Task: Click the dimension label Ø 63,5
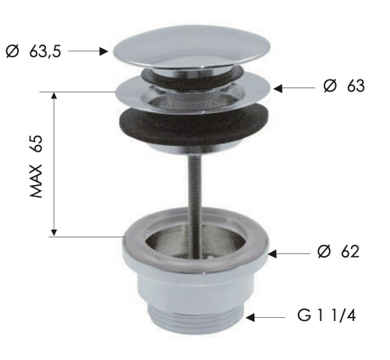pyautogui.click(x=33, y=52)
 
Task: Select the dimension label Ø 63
pyautogui.click(x=344, y=86)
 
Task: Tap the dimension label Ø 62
pyautogui.click(x=339, y=251)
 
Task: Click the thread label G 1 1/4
pyautogui.click(x=327, y=315)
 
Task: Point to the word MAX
pyautogui.click(x=36, y=181)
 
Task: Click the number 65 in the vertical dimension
pyautogui.click(x=36, y=143)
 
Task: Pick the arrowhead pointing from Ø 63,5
pyautogui.click(x=104, y=52)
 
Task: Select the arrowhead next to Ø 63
pyautogui.click(x=278, y=88)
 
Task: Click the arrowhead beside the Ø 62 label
pyautogui.click(x=272, y=254)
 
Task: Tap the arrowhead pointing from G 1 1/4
pyautogui.click(x=250, y=318)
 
